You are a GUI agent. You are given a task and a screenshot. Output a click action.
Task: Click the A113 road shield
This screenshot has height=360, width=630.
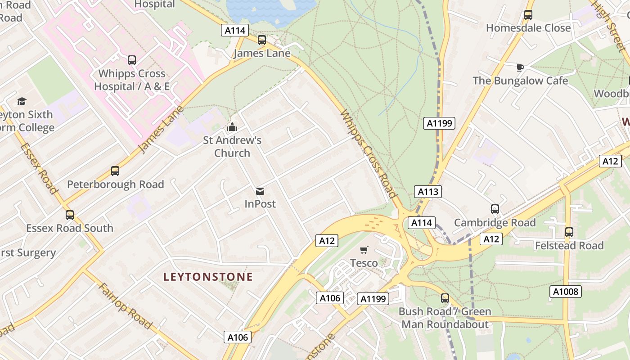pyautogui.click(x=427, y=192)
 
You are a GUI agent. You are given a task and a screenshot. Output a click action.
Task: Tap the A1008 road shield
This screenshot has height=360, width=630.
pyautogui.click(x=566, y=292)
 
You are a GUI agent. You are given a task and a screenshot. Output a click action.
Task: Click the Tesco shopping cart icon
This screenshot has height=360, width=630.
pyautogui.click(x=364, y=250)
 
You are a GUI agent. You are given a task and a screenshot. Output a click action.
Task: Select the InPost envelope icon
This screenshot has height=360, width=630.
pyautogui.click(x=260, y=191)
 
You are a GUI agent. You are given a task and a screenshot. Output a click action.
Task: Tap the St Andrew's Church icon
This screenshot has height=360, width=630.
pyautogui.click(x=232, y=127)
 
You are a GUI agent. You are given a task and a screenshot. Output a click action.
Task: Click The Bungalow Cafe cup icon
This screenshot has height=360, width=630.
pyautogui.click(x=520, y=68)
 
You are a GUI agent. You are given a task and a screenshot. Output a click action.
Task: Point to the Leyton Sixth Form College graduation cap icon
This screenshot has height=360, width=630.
pyautogui.click(x=22, y=102)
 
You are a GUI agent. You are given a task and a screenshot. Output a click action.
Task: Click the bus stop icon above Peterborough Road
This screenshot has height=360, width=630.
pyautogui.click(x=115, y=171)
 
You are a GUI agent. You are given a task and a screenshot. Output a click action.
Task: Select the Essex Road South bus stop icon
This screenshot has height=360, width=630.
pyautogui.click(x=69, y=215)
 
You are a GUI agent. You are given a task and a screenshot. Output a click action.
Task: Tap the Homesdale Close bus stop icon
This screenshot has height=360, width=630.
pyautogui.click(x=528, y=15)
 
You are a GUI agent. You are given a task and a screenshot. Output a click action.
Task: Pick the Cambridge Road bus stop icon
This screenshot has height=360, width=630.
pyautogui.click(x=495, y=209)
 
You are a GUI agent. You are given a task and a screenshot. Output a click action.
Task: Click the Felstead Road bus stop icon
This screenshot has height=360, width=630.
pyautogui.click(x=569, y=232)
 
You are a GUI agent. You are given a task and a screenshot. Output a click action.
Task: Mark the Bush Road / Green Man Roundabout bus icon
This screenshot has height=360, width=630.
pyautogui.click(x=445, y=298)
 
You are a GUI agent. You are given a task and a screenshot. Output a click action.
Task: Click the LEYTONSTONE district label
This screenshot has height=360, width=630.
pyautogui.click(x=208, y=277)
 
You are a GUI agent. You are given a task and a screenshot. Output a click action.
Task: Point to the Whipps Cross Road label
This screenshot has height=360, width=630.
pyautogui.click(x=369, y=153)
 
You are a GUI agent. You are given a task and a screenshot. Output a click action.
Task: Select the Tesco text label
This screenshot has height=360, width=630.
pyautogui.click(x=364, y=262)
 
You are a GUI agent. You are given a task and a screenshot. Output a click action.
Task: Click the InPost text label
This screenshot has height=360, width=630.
pyautogui.click(x=260, y=204)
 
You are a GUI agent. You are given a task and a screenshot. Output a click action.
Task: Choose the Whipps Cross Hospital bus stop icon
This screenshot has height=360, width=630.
pyautogui.click(x=132, y=60)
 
